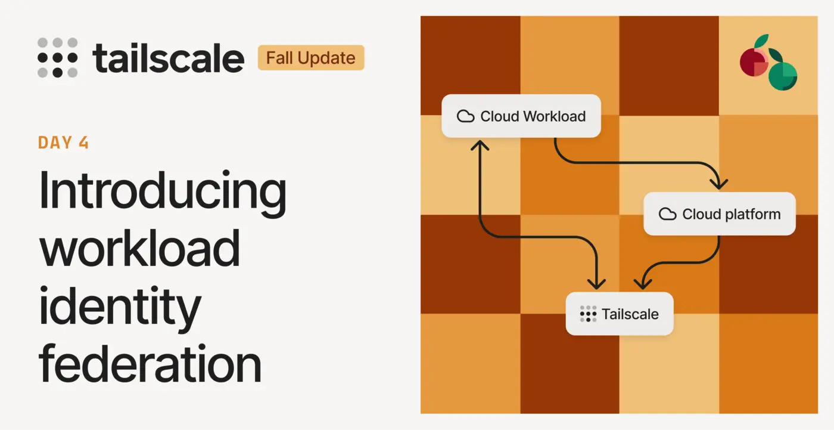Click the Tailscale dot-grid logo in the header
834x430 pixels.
[57, 58]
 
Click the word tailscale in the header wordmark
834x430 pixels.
[169, 58]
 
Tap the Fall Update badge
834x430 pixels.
[310, 58]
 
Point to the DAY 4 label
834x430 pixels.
[63, 143]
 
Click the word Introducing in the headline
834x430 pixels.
[162, 191]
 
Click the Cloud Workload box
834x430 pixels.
[521, 116]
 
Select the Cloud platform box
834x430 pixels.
[720, 214]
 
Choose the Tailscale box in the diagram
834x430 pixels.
[619, 314]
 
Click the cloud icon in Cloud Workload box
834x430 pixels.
[465, 116]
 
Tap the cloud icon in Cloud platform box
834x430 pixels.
[667, 214]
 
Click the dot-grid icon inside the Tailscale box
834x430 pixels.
[588, 314]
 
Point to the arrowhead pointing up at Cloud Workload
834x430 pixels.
[480, 145]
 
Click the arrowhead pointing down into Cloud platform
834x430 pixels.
[720, 183]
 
